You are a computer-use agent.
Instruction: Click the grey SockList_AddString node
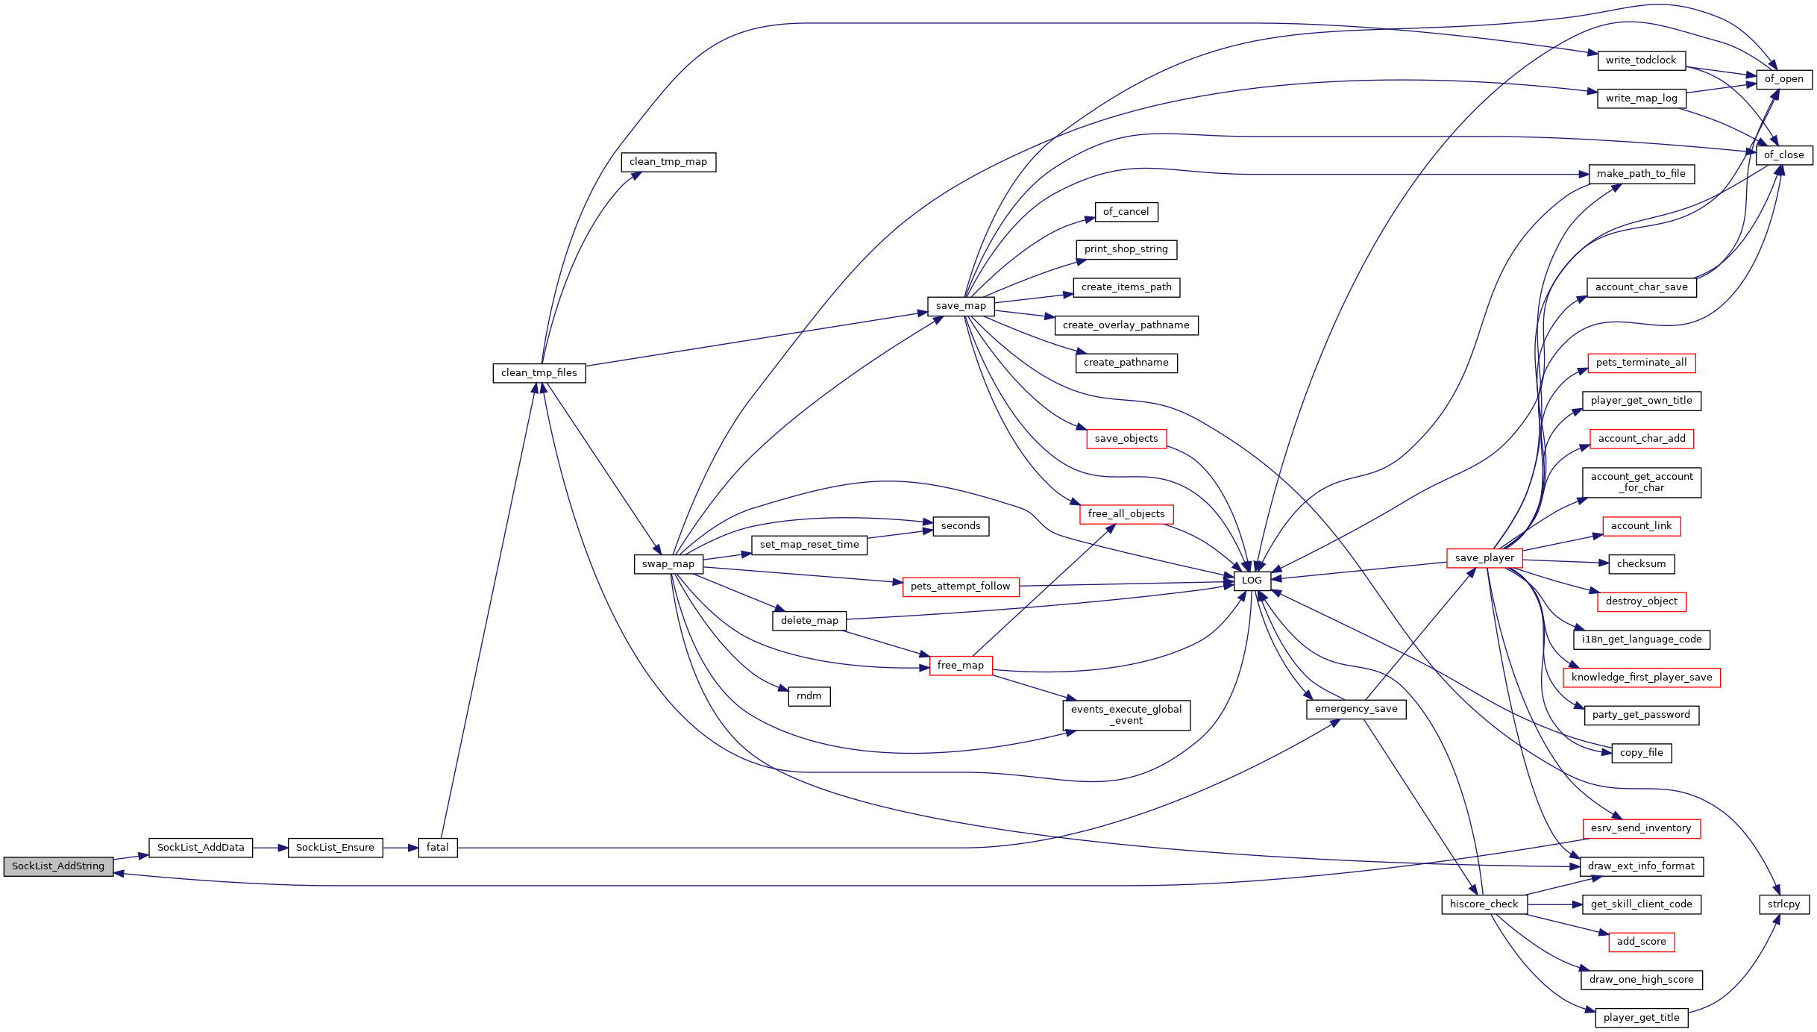tap(58, 866)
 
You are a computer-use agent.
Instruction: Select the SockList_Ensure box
tap(335, 848)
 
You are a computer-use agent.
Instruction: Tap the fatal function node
tap(438, 848)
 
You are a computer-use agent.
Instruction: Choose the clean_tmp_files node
tap(539, 373)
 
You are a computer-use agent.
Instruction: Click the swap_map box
tap(668, 564)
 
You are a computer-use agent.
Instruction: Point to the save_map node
tap(961, 306)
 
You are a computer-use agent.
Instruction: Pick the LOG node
tap(1252, 581)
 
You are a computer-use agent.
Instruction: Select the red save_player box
tap(1484, 558)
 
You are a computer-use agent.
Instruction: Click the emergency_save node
tap(1356, 709)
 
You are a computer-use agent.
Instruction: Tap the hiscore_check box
tap(1484, 904)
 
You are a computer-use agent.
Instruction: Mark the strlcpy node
tap(1784, 904)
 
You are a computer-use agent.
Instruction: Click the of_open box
tap(1784, 79)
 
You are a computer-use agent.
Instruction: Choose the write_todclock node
tap(1641, 60)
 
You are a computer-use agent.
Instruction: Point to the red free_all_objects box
tap(1126, 514)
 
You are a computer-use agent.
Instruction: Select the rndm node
tap(809, 696)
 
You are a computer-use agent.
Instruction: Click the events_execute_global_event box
tap(1126, 715)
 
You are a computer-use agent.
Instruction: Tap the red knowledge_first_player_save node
tap(1642, 678)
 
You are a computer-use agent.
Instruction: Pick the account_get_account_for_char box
tap(1642, 482)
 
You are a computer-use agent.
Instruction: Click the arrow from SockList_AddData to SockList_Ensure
tap(271, 848)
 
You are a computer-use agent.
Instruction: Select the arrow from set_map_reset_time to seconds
tap(900, 534)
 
